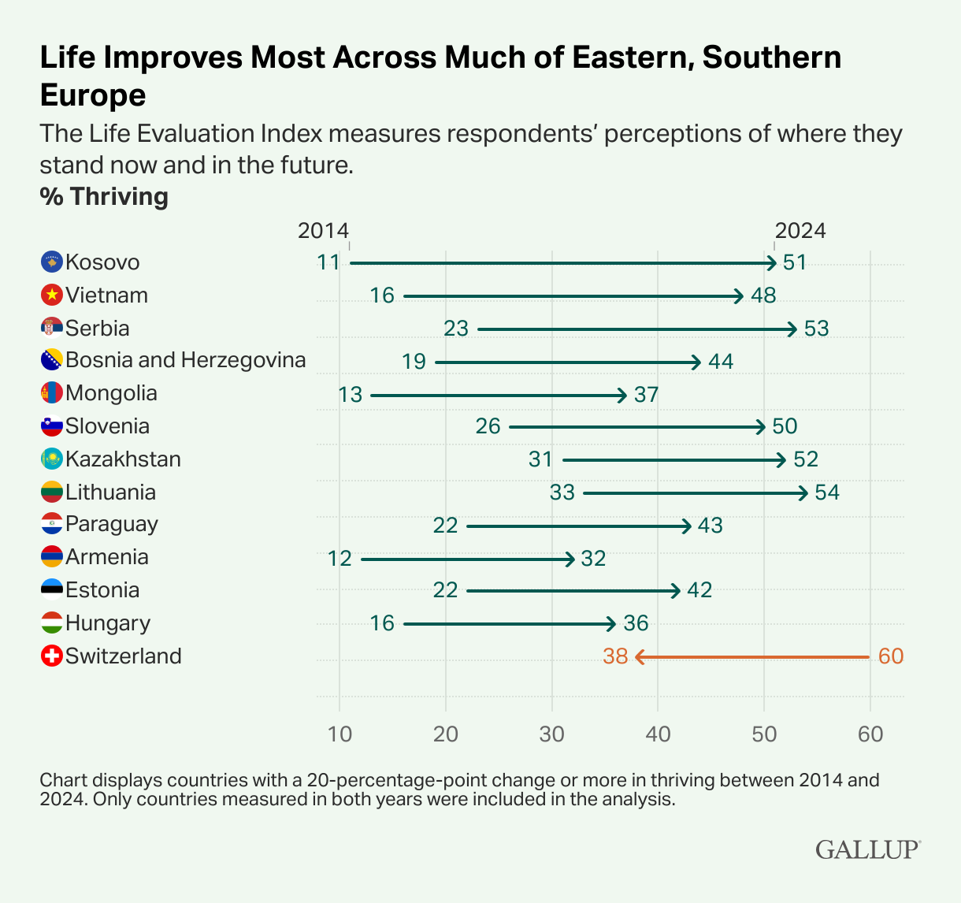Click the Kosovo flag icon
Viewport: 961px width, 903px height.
(x=51, y=262)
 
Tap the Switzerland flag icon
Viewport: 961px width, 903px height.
(x=51, y=656)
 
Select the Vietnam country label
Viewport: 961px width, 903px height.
(x=106, y=295)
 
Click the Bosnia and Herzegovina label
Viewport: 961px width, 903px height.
(x=185, y=360)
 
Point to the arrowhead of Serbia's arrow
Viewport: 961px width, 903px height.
(x=794, y=329)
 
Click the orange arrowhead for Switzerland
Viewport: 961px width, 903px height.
(x=639, y=656)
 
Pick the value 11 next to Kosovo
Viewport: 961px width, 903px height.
(x=328, y=262)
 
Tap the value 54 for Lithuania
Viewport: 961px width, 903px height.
(x=827, y=493)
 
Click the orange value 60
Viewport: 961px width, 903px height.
(x=890, y=656)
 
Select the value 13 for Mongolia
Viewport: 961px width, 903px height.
(x=351, y=394)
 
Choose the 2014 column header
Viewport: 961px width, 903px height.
(x=323, y=230)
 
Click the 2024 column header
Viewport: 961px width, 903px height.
(x=800, y=230)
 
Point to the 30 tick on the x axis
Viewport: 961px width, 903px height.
(x=551, y=734)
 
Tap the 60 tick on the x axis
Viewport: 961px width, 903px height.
(x=870, y=734)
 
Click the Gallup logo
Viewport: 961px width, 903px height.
(x=867, y=849)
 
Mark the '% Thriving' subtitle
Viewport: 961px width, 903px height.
(x=104, y=196)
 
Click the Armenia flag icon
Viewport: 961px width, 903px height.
(x=51, y=557)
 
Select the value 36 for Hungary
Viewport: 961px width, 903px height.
(x=636, y=624)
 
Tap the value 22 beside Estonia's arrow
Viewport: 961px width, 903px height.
(x=445, y=591)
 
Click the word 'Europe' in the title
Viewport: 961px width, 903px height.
(x=93, y=95)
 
